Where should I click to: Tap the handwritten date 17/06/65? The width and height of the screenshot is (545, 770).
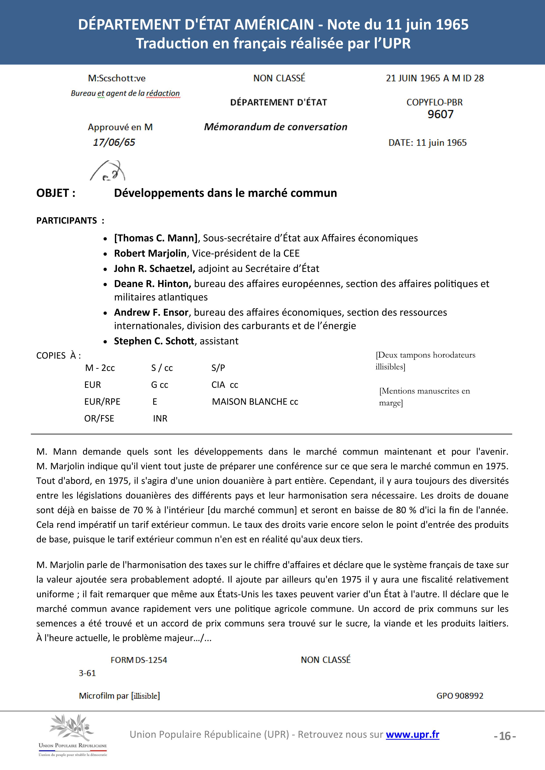point(114,142)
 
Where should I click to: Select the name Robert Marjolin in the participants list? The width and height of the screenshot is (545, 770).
point(150,253)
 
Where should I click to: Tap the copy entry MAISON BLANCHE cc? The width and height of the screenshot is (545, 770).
point(255,401)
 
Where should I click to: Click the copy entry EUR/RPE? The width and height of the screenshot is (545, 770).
point(102,401)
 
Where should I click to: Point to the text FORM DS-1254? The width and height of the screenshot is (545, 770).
point(139,660)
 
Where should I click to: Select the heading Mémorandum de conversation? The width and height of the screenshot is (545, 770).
point(275,127)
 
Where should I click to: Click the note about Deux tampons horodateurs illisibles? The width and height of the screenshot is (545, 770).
point(425,360)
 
